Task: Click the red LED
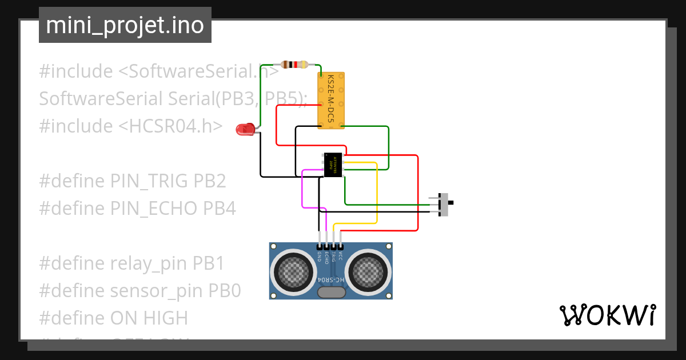pyautogui.click(x=245, y=130)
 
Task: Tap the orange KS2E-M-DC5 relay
pyautogui.click(x=331, y=100)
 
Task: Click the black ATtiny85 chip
pyautogui.click(x=333, y=165)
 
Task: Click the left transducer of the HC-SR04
pyautogui.click(x=294, y=270)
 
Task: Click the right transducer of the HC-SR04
pyautogui.click(x=368, y=270)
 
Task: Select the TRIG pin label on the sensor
pyautogui.click(x=334, y=257)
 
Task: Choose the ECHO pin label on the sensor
pyautogui.click(x=326, y=257)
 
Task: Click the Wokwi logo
pyautogui.click(x=607, y=315)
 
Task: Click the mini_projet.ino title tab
pyautogui.click(x=125, y=25)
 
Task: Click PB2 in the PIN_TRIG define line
pyautogui.click(x=210, y=181)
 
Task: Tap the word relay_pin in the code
pyautogui.click(x=149, y=263)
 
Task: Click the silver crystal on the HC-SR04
pyautogui.click(x=331, y=292)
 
